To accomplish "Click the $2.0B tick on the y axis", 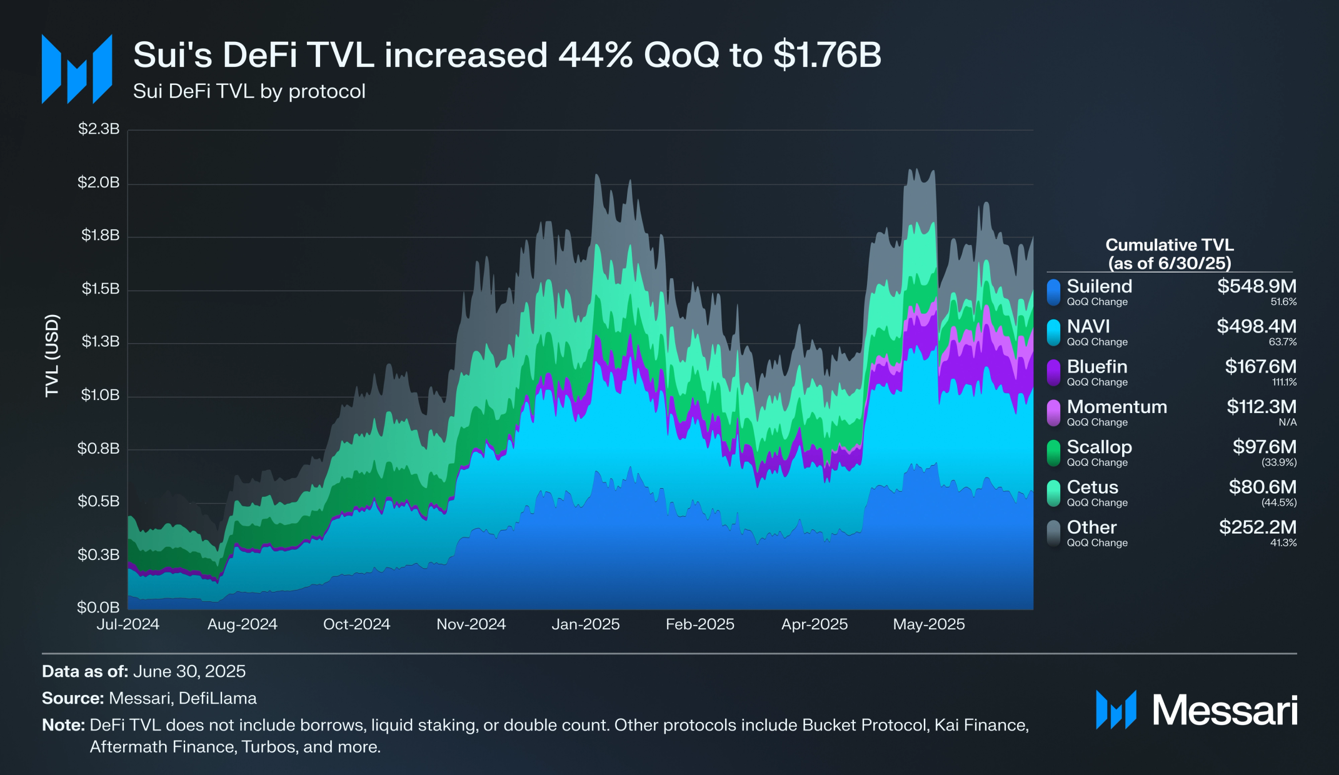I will point(98,182).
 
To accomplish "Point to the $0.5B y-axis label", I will point(98,501).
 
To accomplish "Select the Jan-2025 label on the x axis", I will point(585,624).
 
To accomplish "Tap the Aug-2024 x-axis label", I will point(242,624).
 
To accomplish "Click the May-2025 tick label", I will point(928,624).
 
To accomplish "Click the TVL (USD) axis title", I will point(52,355).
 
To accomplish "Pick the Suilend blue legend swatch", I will point(1054,292).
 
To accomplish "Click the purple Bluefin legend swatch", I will point(1054,372).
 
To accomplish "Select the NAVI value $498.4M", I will point(1256,326).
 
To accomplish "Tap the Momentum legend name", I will point(1116,407).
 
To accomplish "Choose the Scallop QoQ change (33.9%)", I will point(1279,462).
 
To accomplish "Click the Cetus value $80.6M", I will point(1262,487).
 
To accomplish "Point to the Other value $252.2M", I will point(1257,527).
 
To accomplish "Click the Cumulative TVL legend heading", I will point(1169,254).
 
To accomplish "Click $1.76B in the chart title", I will point(826,55).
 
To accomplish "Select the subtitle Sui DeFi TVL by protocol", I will point(249,91).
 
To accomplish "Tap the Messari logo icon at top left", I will point(77,69).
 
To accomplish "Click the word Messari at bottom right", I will point(1225,711).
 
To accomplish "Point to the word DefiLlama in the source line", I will point(218,698).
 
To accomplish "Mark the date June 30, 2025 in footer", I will point(189,671).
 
